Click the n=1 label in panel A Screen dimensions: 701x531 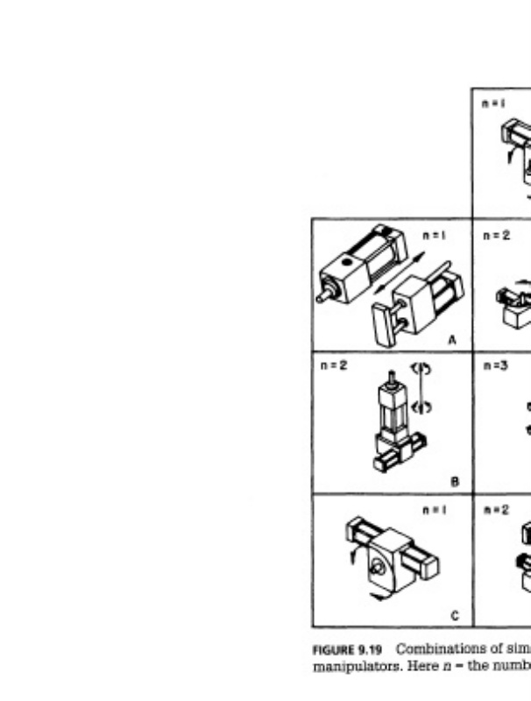[x=434, y=235]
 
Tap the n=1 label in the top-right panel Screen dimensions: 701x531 [x=494, y=103]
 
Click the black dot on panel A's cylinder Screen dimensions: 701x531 [x=348, y=262]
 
